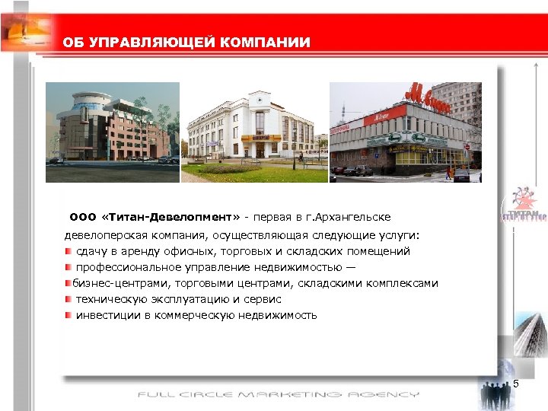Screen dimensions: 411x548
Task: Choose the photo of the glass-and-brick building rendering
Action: pyautogui.click(x=112, y=131)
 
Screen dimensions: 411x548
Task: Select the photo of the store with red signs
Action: pyautogui.click(x=405, y=131)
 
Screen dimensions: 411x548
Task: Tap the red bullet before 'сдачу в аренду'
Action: pyautogui.click(x=68, y=251)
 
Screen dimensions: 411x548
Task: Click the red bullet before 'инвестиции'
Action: pyautogui.click(x=68, y=315)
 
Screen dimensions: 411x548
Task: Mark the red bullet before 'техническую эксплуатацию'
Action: pyautogui.click(x=68, y=299)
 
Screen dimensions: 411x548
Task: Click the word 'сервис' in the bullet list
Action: pyautogui.click(x=263, y=299)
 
